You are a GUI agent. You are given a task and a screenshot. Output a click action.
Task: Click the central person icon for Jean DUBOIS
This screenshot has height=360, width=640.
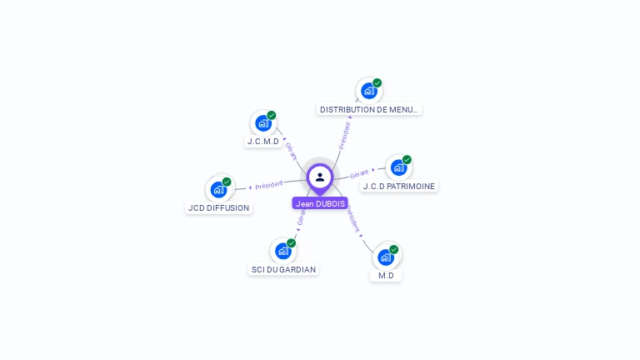(320, 177)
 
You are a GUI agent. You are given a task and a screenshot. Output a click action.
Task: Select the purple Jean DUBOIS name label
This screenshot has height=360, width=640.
(320, 203)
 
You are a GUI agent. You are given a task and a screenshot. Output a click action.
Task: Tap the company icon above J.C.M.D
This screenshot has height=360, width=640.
(263, 123)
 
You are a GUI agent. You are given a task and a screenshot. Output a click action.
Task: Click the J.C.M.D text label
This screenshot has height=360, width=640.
(263, 142)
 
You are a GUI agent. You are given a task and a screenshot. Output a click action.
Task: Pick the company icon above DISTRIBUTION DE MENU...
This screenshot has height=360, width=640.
(369, 90)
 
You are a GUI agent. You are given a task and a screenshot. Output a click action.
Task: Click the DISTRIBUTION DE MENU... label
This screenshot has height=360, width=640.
(369, 109)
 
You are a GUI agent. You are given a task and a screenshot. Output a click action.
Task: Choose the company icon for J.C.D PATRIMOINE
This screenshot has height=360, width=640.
(399, 167)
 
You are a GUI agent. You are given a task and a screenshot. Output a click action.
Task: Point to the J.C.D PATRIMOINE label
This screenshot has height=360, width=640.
(399, 187)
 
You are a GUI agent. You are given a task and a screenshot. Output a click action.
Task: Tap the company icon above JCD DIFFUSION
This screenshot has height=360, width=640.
(218, 189)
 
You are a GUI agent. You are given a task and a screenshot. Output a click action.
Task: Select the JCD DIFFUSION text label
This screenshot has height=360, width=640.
(218, 208)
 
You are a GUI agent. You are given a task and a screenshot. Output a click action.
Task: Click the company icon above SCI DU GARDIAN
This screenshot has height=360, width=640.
(283, 251)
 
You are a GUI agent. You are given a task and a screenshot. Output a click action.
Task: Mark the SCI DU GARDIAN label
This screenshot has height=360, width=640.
(283, 270)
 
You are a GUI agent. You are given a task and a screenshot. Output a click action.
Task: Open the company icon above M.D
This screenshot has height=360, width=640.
(386, 257)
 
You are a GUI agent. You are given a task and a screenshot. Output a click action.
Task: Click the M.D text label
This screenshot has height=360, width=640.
(386, 276)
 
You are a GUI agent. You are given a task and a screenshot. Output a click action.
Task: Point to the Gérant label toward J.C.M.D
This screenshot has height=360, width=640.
(291, 151)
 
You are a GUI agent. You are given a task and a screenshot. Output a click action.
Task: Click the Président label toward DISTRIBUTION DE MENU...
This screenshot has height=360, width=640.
(344, 135)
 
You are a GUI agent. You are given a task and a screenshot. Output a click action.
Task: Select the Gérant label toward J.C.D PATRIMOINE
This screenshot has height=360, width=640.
(359, 173)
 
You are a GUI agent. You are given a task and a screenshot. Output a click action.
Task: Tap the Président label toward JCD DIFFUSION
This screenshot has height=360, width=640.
(269, 184)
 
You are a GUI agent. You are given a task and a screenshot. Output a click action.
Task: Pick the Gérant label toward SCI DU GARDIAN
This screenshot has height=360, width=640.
(301, 218)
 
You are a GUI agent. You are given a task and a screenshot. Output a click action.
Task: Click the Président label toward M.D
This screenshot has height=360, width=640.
(353, 220)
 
